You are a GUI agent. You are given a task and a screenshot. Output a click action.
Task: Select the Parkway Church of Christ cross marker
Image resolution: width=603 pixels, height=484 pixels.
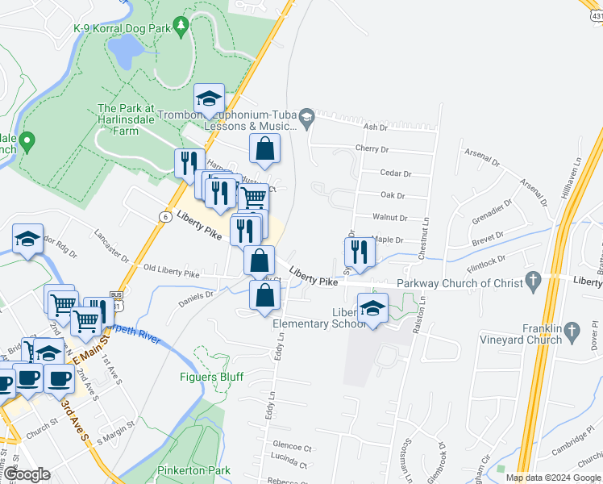tap(532, 282)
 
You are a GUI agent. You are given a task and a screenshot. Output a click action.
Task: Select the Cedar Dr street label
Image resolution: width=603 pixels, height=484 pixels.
tap(396, 173)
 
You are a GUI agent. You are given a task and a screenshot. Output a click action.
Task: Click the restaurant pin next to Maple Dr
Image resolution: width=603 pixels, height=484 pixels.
tap(359, 252)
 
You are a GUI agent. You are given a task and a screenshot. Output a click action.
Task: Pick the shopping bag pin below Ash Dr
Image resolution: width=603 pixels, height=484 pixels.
tap(264, 148)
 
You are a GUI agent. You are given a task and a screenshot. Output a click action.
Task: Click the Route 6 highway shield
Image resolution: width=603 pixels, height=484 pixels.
tap(164, 217)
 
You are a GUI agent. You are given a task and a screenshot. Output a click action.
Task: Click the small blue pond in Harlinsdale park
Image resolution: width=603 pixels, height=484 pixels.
tap(123, 52)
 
